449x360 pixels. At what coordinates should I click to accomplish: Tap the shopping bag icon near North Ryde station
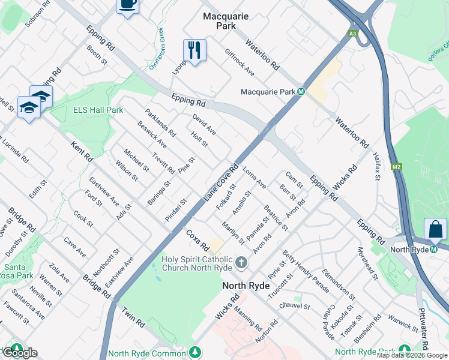point(435,229)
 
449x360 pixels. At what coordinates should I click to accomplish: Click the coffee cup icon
point(127,4)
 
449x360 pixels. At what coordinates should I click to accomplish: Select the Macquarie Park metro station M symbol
point(301,92)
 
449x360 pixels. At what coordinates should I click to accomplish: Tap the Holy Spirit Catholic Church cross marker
point(241,262)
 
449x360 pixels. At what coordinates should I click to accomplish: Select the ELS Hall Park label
point(98,110)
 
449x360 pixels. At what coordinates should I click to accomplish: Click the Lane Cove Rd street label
point(221,182)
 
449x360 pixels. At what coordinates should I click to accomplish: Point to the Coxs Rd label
point(196,239)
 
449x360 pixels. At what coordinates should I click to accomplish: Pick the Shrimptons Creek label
point(161,43)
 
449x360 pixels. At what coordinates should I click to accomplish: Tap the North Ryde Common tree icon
point(194,352)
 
